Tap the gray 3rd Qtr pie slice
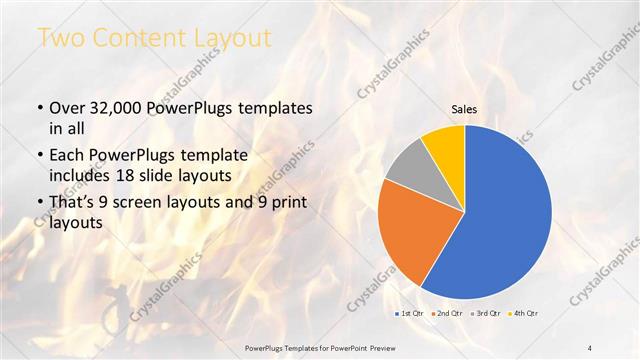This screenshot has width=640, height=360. click(407, 170)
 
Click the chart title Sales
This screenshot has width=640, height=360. click(465, 109)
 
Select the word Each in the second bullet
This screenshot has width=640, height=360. click(67, 155)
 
